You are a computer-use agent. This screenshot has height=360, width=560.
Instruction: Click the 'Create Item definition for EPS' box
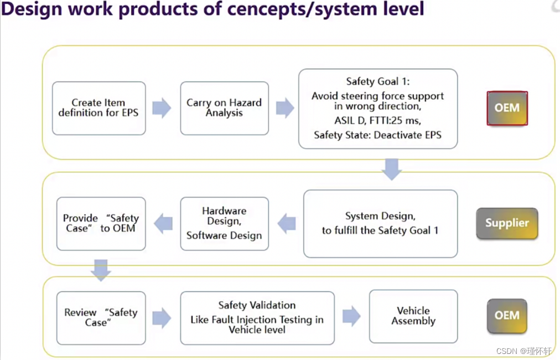pyautogui.click(x=98, y=108)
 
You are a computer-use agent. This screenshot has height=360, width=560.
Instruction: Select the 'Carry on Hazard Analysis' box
pyautogui.click(x=224, y=108)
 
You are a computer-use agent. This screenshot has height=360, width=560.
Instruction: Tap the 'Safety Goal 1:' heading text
pyautogui.click(x=378, y=81)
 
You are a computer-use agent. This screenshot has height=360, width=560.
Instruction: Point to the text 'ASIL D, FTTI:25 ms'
pyautogui.click(x=377, y=121)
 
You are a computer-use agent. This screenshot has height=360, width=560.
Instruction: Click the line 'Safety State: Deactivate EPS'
pyautogui.click(x=377, y=135)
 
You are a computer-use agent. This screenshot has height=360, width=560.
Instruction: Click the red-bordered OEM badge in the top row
pyautogui.click(x=507, y=108)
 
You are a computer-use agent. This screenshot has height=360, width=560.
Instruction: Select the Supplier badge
pyautogui.click(x=507, y=223)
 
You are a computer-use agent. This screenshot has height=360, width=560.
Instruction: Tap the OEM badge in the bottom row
pyautogui.click(x=507, y=316)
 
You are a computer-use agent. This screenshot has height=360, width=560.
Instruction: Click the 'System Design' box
pyautogui.click(x=380, y=224)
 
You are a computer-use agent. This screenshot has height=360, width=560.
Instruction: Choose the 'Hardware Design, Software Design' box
pyautogui.click(x=224, y=224)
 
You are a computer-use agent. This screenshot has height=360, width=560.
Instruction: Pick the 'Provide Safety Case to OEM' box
pyautogui.click(x=101, y=224)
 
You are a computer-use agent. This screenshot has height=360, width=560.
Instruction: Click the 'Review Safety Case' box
pyautogui.click(x=101, y=317)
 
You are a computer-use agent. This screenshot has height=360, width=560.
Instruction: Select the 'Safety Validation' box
pyautogui.click(x=257, y=317)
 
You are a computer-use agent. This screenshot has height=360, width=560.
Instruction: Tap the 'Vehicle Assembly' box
pyautogui.click(x=413, y=316)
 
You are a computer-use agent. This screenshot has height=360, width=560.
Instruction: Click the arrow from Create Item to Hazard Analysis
pyautogui.click(x=162, y=108)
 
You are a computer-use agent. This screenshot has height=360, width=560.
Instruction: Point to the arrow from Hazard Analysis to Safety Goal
pyautogui.click(x=284, y=108)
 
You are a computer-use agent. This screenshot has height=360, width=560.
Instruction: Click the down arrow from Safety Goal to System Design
pyautogui.click(x=392, y=169)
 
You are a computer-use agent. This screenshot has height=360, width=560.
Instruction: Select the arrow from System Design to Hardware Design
pyautogui.click(x=286, y=224)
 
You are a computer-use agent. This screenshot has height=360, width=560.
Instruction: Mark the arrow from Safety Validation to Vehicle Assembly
pyautogui.click(x=351, y=317)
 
